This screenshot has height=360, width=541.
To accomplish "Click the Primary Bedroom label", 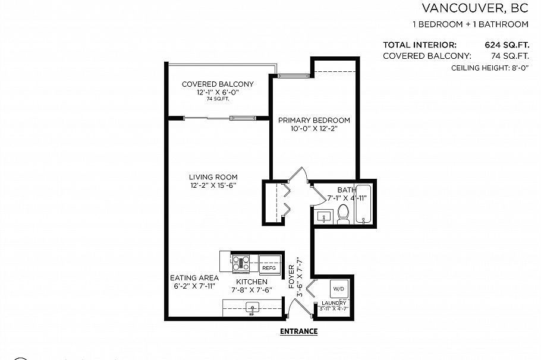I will click(314, 120).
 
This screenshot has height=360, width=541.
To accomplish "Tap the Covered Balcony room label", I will click(217, 84).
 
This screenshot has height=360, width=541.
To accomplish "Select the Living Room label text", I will click(213, 177).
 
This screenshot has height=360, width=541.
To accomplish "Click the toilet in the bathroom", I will click(343, 214).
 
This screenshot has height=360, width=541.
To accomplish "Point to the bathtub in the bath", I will click(363, 205).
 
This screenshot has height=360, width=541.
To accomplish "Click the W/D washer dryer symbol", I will click(338, 289).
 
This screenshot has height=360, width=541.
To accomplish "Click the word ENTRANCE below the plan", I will click(298, 331).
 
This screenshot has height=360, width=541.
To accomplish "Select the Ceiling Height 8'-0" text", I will click(490, 68).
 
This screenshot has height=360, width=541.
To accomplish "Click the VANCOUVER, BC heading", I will click(474, 8).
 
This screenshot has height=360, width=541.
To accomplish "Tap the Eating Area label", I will click(194, 277).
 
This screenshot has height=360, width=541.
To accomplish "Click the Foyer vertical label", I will click(291, 277).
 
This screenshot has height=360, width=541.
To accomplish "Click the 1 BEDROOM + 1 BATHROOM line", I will click(470, 24).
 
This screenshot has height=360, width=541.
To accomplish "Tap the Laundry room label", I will click(334, 302).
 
